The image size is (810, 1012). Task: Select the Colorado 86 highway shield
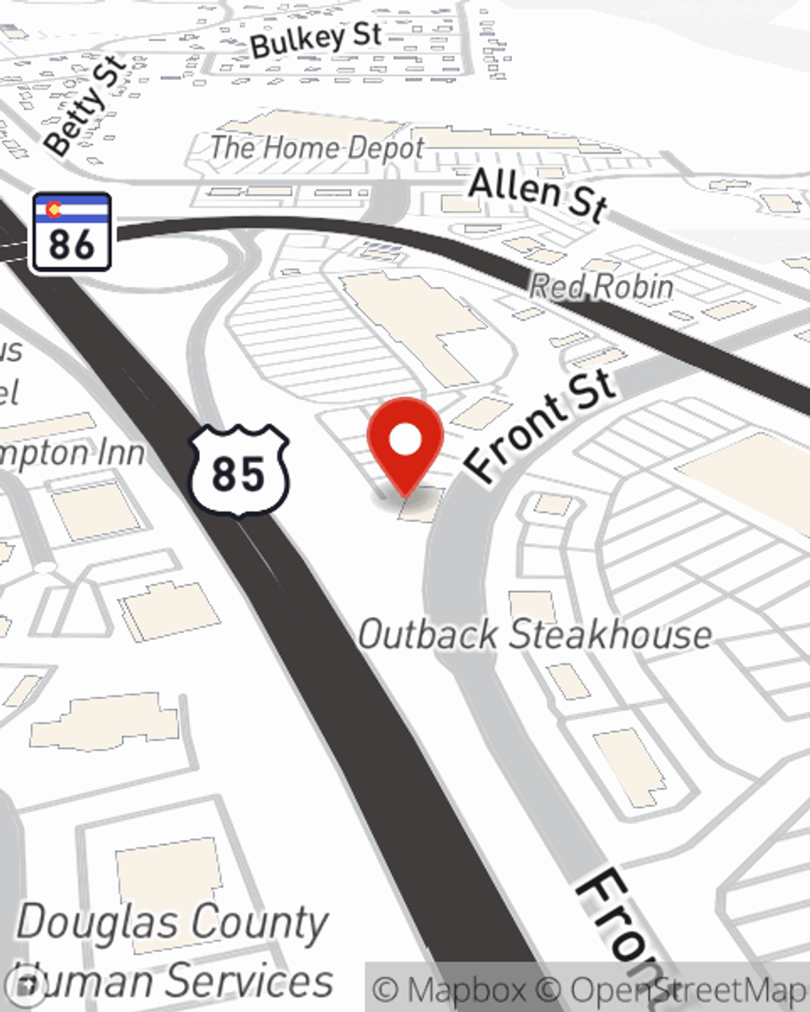(71, 232)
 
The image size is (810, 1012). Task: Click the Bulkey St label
(316, 39)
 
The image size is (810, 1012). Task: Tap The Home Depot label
(318, 147)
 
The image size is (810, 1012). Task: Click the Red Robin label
(601, 287)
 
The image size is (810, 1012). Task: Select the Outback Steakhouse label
(535, 634)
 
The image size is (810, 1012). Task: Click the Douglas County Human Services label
(173, 950)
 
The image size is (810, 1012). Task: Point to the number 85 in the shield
(239, 474)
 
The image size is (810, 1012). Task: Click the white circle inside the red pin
(405, 440)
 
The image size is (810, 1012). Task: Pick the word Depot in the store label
(383, 147)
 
